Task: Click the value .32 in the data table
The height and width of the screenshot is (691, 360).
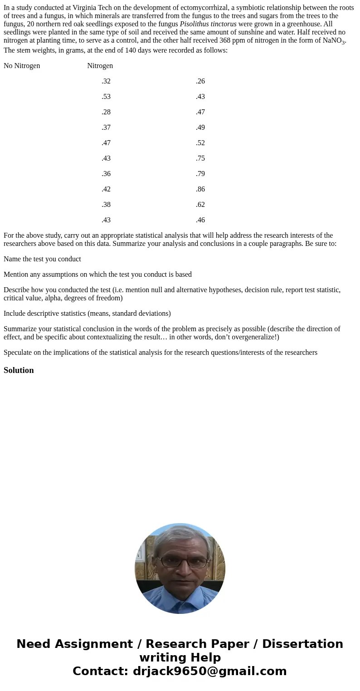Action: click(x=106, y=81)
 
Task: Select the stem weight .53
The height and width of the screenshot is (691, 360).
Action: click(x=106, y=97)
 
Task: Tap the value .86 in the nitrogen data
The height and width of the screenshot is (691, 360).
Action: click(x=200, y=189)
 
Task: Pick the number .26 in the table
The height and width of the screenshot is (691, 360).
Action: click(x=200, y=81)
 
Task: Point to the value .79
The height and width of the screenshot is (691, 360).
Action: click(x=200, y=174)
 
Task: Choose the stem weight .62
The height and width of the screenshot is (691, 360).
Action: click(x=200, y=205)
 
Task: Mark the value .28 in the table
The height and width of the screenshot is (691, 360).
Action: click(x=106, y=112)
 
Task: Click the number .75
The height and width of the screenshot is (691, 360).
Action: click(x=200, y=158)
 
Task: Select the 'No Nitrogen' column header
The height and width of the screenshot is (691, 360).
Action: click(x=22, y=66)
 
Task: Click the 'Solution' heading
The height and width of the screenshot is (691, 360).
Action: click(x=19, y=370)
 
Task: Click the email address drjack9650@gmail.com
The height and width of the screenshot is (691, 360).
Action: click(x=209, y=671)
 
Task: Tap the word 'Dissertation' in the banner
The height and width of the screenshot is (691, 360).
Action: click(x=302, y=644)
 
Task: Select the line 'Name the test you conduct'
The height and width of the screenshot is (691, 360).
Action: click(x=42, y=259)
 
